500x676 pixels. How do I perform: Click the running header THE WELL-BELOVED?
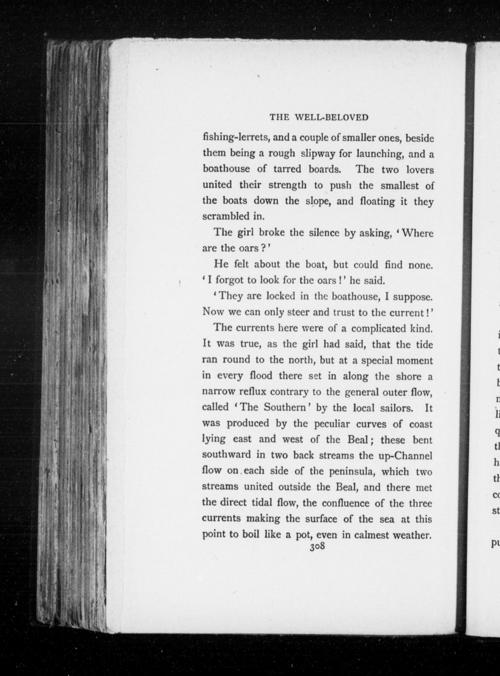pyautogui.click(x=319, y=117)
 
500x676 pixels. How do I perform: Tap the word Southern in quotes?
pyautogui.click(x=286, y=407)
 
